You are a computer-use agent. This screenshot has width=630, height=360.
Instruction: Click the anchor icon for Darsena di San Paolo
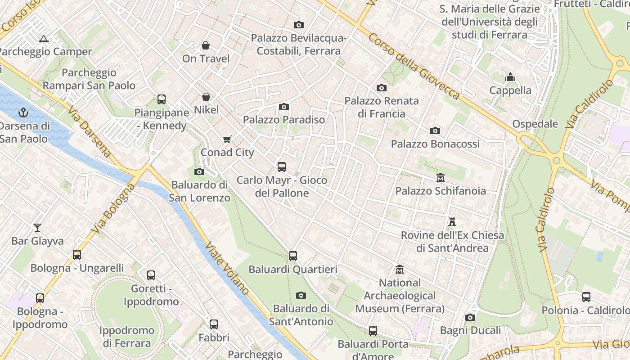pyautogui.click(x=24, y=112)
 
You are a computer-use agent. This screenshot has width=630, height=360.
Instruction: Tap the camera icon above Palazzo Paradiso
pyautogui.click(x=283, y=107)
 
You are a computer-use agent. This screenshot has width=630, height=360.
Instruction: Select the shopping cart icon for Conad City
pyautogui.click(x=227, y=139)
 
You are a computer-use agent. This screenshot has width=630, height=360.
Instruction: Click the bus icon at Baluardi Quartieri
pyautogui.click(x=293, y=256)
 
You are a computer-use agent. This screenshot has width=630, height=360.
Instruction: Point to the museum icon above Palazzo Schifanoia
pyautogui.click(x=440, y=178)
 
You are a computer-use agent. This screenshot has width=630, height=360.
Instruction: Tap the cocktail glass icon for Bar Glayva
pyautogui.click(x=37, y=228)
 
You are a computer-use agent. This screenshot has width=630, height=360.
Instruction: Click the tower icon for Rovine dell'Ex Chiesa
pyautogui.click(x=452, y=222)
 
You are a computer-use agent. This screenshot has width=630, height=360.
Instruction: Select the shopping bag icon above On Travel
pyautogui.click(x=206, y=45)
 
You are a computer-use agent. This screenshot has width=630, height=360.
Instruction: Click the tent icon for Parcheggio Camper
pyautogui.click(x=44, y=39)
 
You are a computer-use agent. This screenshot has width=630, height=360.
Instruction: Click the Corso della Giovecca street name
pyautogui.click(x=414, y=66)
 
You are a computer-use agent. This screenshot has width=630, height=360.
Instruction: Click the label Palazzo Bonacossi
pyautogui.click(x=435, y=144)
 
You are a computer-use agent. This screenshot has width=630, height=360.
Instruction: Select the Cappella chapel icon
pyautogui.click(x=510, y=77)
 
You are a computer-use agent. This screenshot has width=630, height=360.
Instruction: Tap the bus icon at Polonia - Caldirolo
pyautogui.click(x=586, y=297)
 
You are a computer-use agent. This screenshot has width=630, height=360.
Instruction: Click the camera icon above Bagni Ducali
pyautogui.click(x=470, y=317)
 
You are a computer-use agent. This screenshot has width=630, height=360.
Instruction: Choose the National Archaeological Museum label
pyautogui.click(x=400, y=296)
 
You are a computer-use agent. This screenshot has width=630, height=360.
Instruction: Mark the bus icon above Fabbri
pyautogui.click(x=214, y=324)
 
